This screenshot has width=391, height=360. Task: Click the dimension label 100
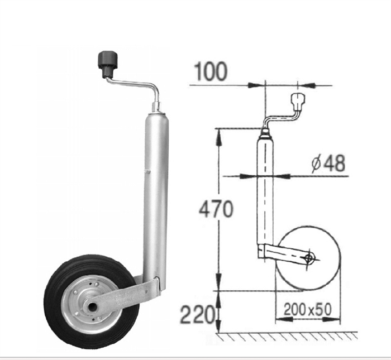[211, 71]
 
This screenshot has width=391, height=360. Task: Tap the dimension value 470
[216, 209]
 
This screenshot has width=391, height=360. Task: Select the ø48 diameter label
[328, 163]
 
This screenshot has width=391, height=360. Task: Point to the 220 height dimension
[197, 314]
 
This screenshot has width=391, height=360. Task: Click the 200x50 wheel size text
[308, 309]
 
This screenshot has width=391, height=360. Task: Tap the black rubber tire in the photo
[91, 301]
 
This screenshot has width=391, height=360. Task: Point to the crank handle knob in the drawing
[298, 102]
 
